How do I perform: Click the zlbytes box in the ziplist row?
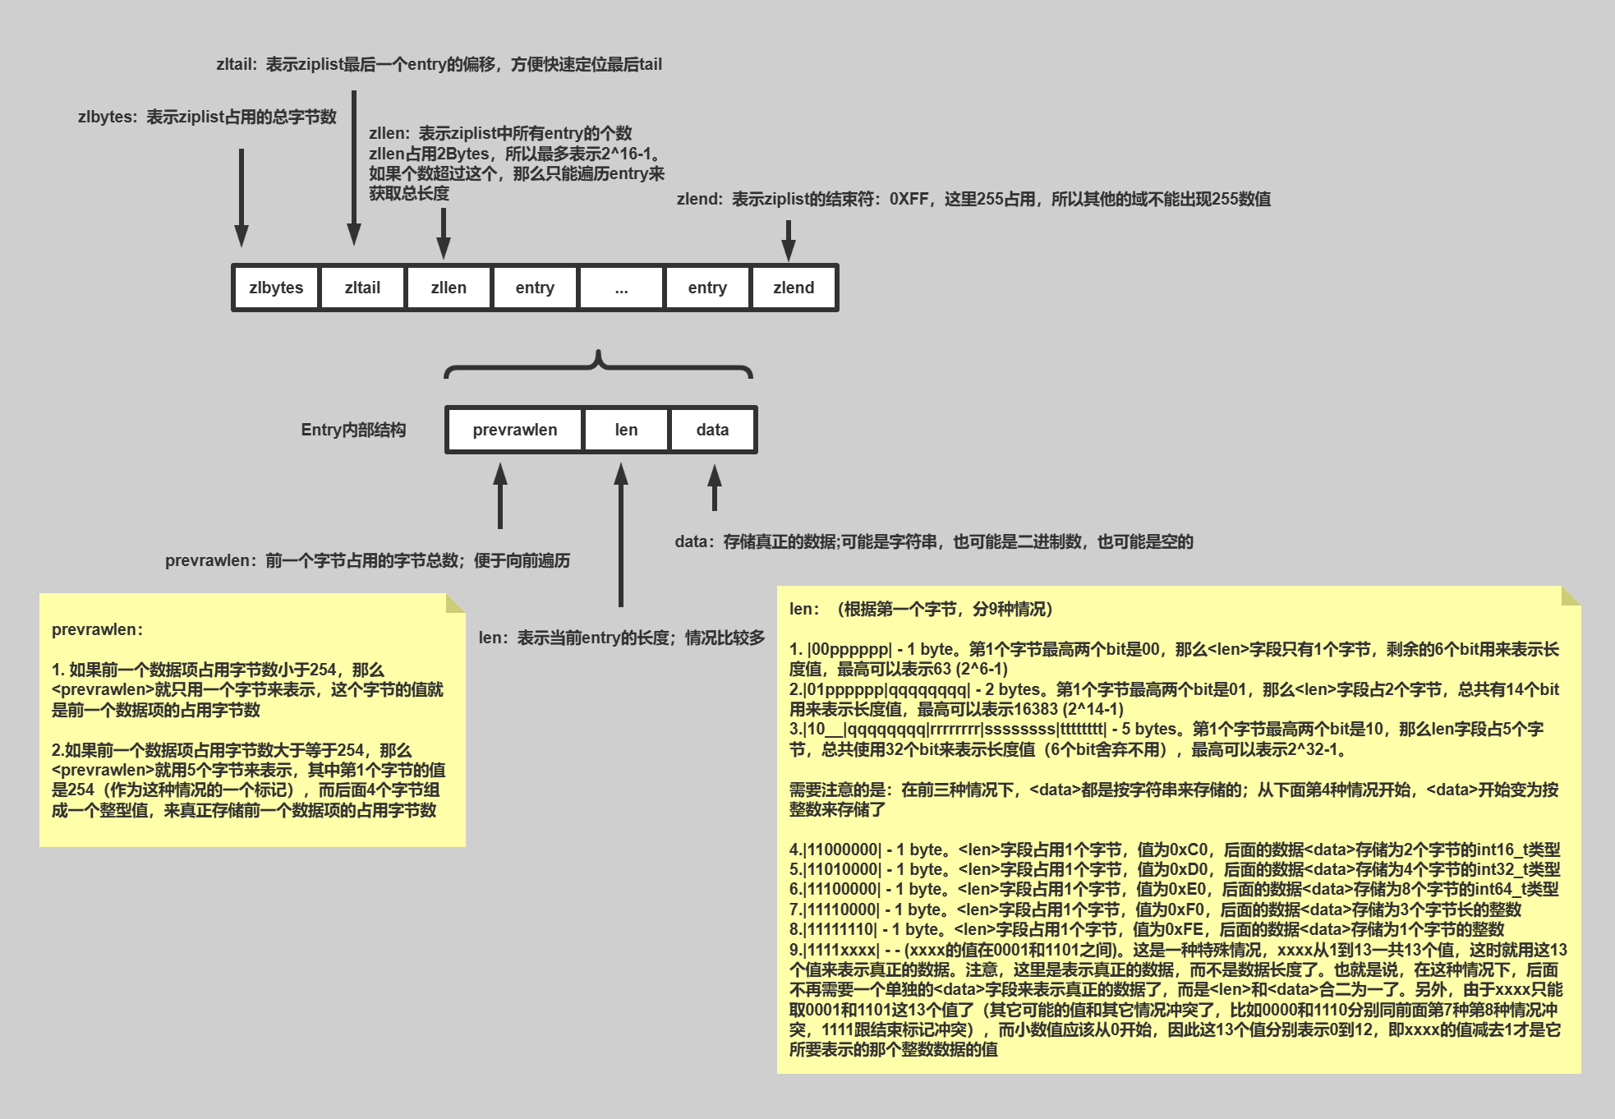[x=276, y=288]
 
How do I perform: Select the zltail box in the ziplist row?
[x=362, y=288]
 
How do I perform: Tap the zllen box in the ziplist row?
[x=449, y=288]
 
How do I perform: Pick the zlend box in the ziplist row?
[x=794, y=288]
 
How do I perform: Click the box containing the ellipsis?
[x=621, y=288]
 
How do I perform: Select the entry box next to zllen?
[x=535, y=288]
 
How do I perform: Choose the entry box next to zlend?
[x=707, y=288]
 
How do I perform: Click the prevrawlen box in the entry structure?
[x=514, y=430]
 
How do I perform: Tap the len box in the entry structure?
[x=626, y=430]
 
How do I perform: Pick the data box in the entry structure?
[x=712, y=430]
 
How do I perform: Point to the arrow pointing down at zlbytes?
[x=242, y=197]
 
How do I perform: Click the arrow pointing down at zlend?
[x=789, y=240]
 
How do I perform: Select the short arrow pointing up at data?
[x=715, y=488]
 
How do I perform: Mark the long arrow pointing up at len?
[x=621, y=534]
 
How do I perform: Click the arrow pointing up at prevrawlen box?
[x=500, y=495]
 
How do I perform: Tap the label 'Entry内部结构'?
[x=353, y=430]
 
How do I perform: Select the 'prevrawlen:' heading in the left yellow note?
[x=97, y=629]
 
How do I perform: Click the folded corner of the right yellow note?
[x=1571, y=596]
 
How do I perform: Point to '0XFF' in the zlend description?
[x=909, y=199]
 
